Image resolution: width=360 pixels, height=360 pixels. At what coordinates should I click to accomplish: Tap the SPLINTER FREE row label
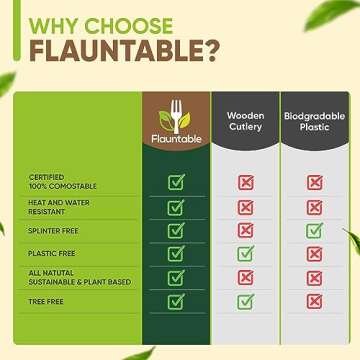coord(49,230)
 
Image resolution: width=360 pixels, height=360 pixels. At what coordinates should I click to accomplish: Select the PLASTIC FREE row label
coord(46,253)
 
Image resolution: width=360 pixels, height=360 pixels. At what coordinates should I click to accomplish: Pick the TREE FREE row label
coord(41,300)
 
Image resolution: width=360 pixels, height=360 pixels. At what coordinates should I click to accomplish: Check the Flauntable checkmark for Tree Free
coord(176,300)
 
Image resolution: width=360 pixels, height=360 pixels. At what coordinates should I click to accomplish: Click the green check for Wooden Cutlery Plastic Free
coord(245,253)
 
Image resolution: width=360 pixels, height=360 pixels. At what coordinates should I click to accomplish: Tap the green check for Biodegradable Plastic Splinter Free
coord(313,230)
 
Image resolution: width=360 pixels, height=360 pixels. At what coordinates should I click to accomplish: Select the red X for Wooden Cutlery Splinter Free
coord(245,230)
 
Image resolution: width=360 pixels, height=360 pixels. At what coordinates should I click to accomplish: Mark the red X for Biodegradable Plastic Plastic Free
coord(313,253)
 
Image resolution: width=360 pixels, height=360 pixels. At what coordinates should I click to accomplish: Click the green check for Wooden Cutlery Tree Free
coord(245,300)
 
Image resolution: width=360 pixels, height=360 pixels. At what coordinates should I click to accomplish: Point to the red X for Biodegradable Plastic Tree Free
coord(313,300)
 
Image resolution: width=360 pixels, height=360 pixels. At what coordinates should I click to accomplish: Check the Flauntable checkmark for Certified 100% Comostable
coord(176,183)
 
